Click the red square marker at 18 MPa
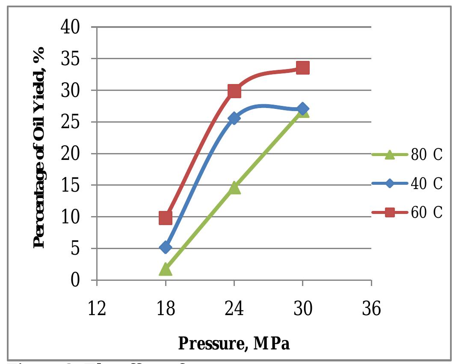coord(166,218)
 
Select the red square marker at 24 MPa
coord(234,91)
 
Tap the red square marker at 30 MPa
coord(302,68)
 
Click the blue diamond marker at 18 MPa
coord(166,247)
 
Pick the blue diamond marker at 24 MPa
coord(234,118)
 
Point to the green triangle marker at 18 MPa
coord(166,270)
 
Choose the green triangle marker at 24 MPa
coord(234,188)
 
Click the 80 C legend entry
coord(406,155)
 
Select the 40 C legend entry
coord(406,184)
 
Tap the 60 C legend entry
coord(406,212)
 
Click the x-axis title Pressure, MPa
coord(234,343)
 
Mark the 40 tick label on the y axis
coord(71,27)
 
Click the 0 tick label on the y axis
coord(76,280)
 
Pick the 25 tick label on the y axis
coord(71,122)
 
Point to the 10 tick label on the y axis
coord(71,217)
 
